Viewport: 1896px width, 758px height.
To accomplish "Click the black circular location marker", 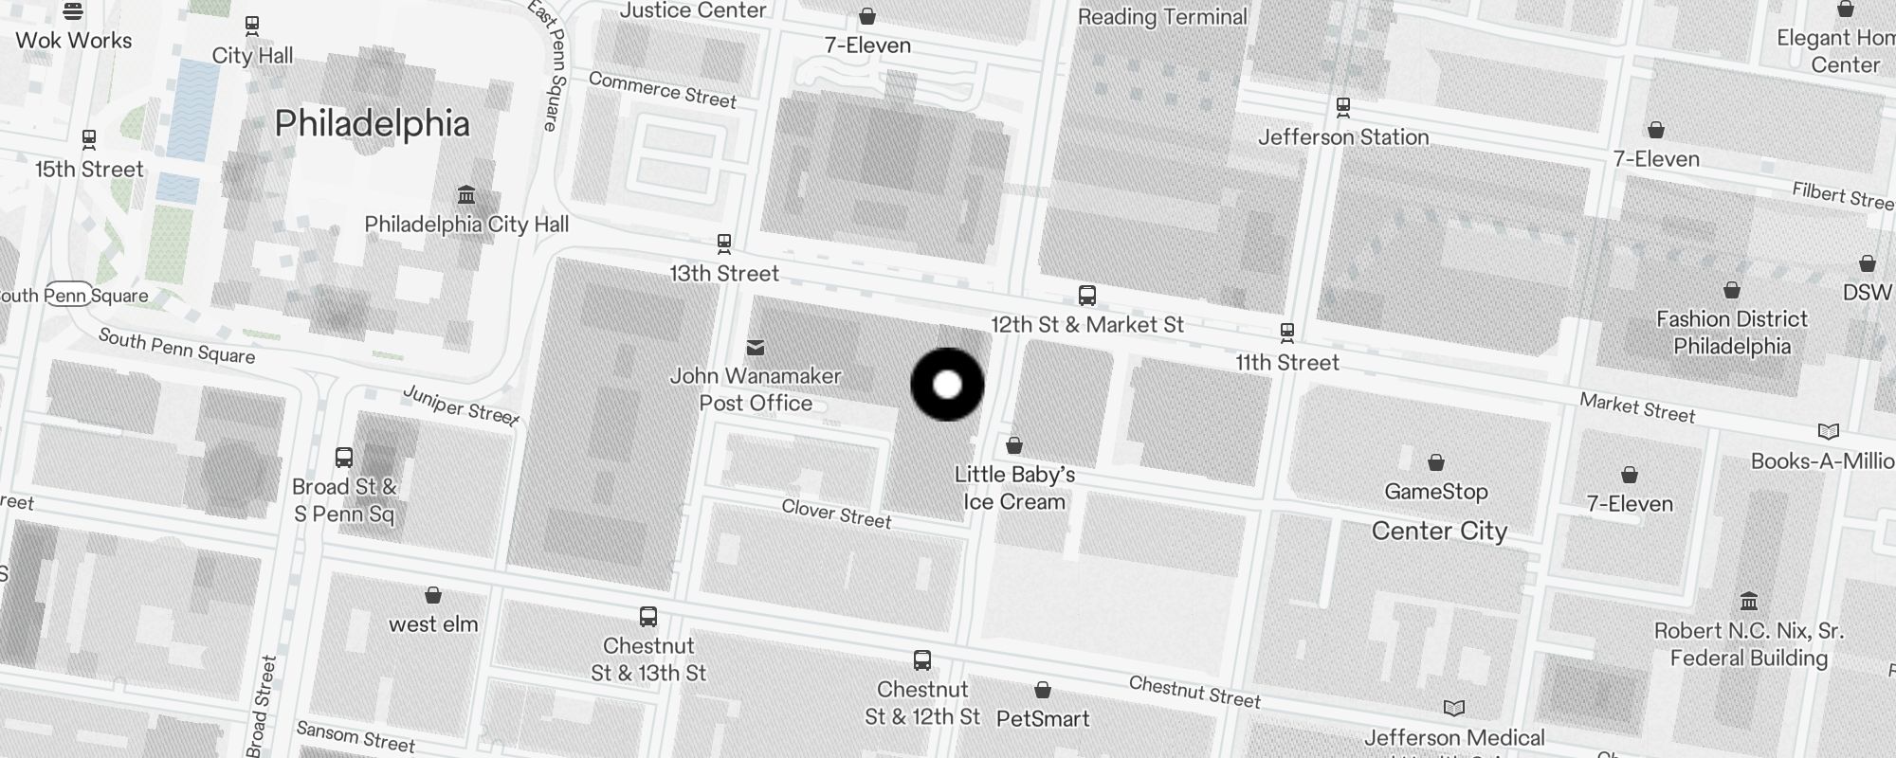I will (947, 385).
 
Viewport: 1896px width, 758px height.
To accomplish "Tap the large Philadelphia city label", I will (372, 124).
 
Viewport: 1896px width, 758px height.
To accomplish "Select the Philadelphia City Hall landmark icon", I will (466, 195).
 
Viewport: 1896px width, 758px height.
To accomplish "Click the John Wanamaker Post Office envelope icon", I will (756, 348).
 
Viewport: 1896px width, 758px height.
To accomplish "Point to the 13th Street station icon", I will (724, 244).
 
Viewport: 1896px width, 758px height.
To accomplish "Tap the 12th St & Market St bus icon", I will (1087, 296).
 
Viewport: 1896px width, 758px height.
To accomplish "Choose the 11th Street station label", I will (1286, 362).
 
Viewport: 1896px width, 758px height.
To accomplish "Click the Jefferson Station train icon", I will (1342, 107).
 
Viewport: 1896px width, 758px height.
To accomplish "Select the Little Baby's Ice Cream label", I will (1014, 488).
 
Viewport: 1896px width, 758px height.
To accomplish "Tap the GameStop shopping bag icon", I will (1436, 462).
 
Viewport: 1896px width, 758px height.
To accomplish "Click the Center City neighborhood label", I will (1439, 531).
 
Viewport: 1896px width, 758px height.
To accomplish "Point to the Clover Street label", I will (836, 514).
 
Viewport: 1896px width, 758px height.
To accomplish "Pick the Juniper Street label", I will (461, 406).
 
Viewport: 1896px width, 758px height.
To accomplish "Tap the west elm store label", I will (433, 623).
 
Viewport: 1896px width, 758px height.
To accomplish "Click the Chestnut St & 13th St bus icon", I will (648, 618).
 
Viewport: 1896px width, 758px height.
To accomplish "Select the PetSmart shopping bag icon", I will (1043, 690).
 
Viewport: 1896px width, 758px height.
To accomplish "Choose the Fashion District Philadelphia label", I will (1732, 333).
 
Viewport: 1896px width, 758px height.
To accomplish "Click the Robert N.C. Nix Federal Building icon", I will (1749, 601).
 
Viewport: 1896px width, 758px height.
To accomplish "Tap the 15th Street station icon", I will (89, 140).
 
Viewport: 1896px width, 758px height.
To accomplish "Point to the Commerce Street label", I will (662, 90).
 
